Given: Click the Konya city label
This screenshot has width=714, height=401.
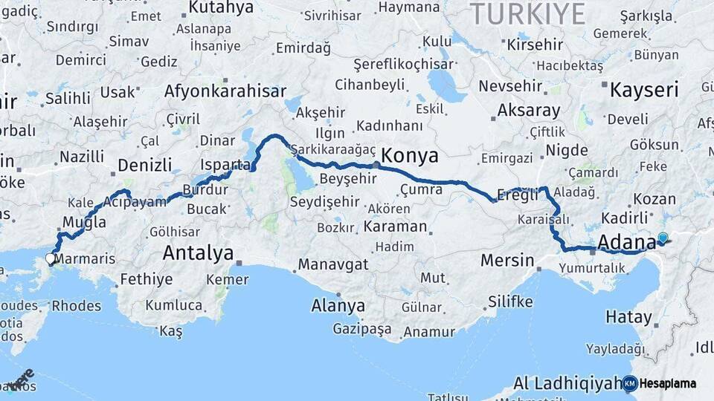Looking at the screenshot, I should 409,156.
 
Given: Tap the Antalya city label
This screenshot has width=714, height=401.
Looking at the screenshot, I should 198,253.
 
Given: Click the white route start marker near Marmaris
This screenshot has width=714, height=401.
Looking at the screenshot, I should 51,258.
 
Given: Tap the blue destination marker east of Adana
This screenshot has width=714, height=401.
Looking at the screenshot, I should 663,238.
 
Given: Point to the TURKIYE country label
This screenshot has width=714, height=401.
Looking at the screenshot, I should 528,13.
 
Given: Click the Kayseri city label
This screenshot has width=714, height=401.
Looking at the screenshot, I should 644,91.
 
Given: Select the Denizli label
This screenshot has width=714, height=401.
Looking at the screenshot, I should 145,165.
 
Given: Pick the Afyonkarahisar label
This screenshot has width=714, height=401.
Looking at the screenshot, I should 225,91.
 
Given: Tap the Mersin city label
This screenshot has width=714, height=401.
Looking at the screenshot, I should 507,261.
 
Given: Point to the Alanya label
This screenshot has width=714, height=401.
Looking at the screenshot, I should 338,305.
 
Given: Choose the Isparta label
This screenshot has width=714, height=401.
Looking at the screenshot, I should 224,164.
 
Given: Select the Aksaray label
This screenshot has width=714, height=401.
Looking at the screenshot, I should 529,111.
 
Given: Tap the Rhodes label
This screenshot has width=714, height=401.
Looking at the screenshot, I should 76,305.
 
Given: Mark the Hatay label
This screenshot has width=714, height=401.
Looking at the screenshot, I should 628,317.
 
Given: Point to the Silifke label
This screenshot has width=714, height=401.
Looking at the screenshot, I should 510,301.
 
